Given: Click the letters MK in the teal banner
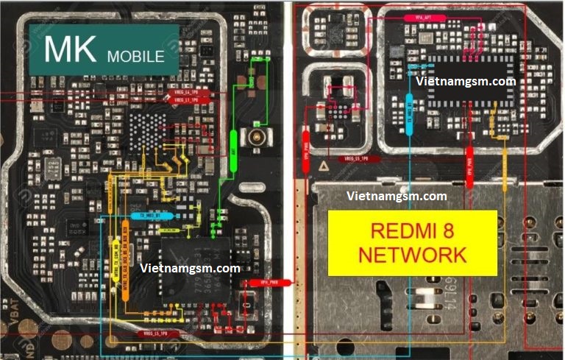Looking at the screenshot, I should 70,49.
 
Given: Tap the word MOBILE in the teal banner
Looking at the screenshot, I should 135,56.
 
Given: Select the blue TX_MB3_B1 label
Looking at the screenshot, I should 152,216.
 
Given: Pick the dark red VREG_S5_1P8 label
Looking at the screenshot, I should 359,159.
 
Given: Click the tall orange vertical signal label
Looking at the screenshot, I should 126,274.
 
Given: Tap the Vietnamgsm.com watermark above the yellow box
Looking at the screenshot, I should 397,197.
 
